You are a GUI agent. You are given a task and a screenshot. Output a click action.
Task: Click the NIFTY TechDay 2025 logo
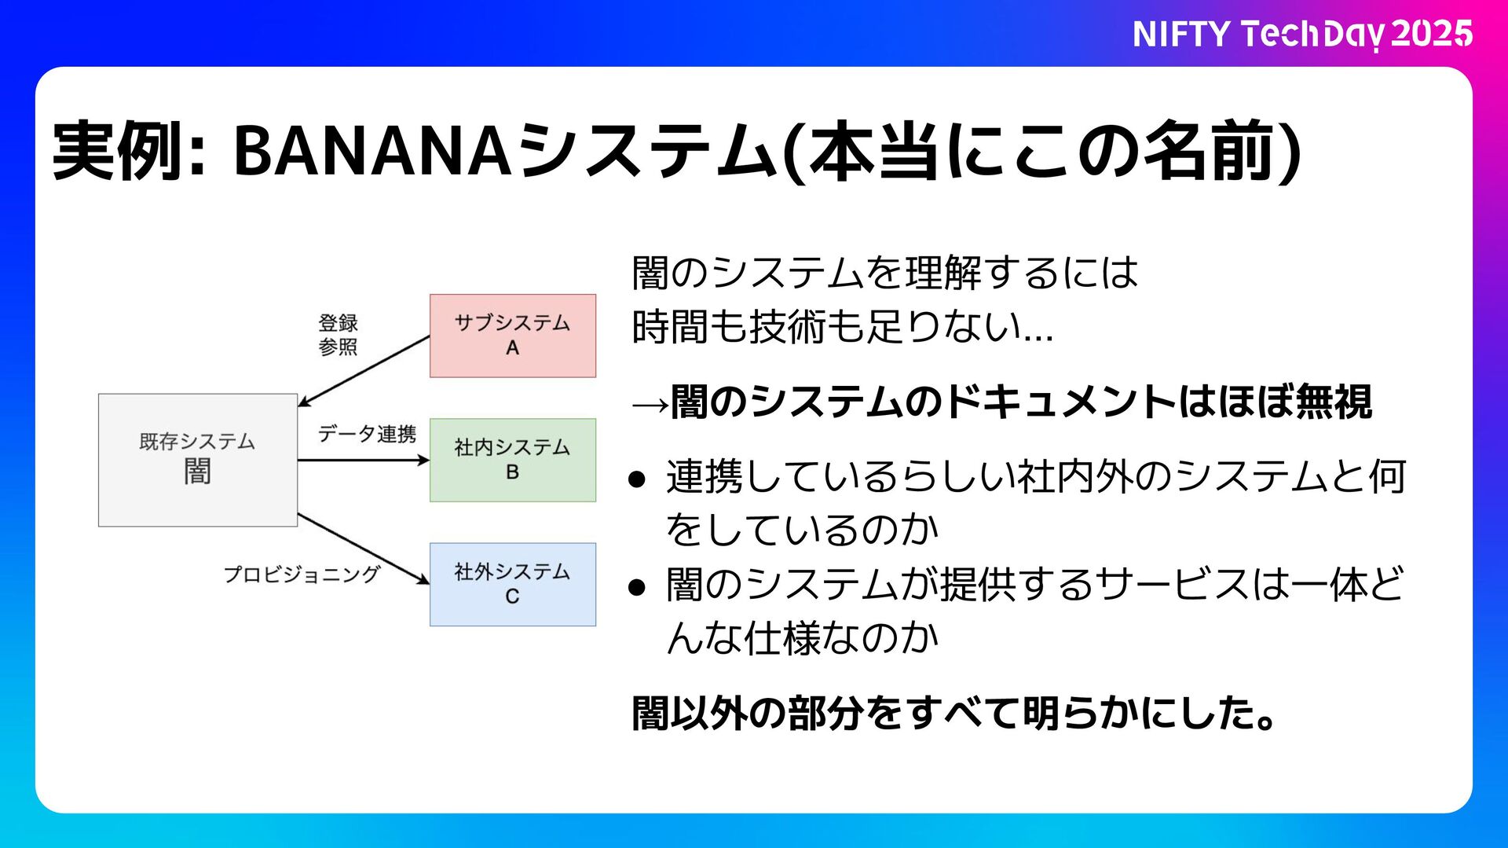click(1301, 34)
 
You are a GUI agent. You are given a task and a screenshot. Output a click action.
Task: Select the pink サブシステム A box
click(512, 336)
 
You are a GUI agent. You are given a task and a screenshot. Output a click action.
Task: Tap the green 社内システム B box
click(512, 460)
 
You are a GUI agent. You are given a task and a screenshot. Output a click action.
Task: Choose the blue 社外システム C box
click(512, 584)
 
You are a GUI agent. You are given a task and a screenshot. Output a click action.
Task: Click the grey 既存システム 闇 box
click(197, 460)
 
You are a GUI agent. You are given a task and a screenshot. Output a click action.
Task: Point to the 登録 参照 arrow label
click(338, 335)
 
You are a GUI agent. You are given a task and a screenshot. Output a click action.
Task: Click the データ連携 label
click(367, 434)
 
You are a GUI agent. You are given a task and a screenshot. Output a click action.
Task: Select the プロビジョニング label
click(302, 575)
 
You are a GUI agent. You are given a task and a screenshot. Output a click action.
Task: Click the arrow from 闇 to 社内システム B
click(363, 460)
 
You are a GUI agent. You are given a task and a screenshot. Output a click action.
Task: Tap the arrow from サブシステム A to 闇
click(363, 371)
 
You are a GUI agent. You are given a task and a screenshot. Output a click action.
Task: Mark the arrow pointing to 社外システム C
click(363, 549)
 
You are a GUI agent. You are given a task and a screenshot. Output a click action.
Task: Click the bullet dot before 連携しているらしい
click(637, 479)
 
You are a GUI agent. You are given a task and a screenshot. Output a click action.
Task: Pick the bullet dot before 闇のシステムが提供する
click(637, 586)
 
